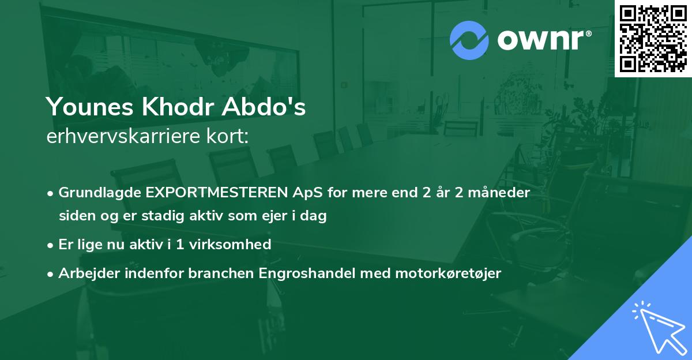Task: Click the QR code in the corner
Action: (653, 38)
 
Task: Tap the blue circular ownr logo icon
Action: (469, 40)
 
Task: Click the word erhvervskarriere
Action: (122, 137)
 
